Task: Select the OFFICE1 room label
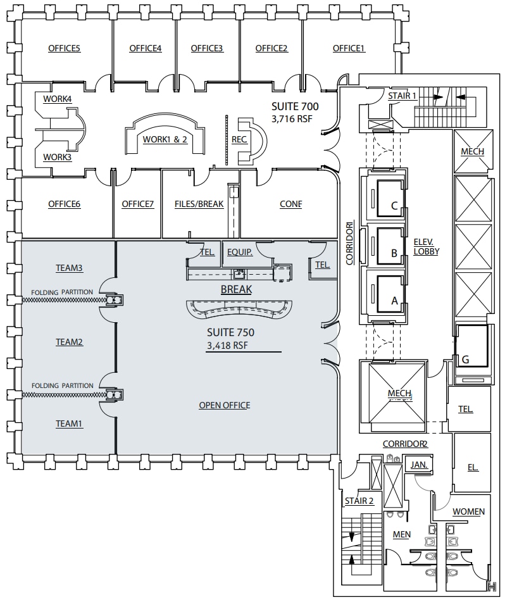point(349,48)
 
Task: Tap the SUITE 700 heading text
point(295,106)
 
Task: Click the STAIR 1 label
point(403,96)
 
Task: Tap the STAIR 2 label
point(359,501)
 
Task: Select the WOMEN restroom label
point(468,511)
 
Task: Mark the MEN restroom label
point(402,534)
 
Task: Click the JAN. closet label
point(419,464)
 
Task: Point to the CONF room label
point(290,204)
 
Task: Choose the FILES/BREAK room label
point(199,204)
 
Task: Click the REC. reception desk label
point(239,139)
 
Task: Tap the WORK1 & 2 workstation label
point(165,139)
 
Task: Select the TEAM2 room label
point(70,342)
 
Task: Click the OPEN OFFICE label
point(224,405)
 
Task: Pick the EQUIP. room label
point(240,252)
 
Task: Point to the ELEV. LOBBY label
point(427,246)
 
